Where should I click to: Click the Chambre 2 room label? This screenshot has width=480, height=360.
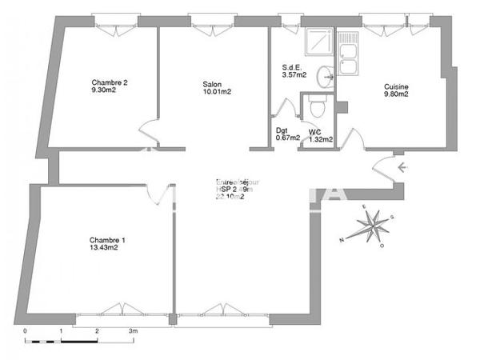[x=110, y=82]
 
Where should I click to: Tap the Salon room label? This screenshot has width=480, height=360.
[x=212, y=82]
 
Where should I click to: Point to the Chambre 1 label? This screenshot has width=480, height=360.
[x=107, y=239]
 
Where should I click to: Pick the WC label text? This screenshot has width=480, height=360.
[x=314, y=130]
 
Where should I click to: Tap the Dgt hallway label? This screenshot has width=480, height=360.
[x=282, y=130]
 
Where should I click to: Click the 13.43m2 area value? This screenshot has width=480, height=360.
[x=104, y=248]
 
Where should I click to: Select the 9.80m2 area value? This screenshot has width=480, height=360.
[x=396, y=94]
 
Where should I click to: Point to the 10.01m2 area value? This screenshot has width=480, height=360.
[x=216, y=91]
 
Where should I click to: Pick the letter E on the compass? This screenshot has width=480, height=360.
[x=363, y=207]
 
